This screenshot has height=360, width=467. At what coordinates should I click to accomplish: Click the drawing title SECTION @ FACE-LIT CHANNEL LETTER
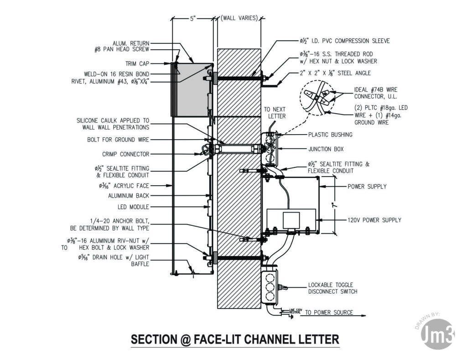tap(235, 339)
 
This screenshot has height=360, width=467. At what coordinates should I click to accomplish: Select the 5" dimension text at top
tap(193, 19)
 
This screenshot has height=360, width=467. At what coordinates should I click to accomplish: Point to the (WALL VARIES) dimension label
tap(239, 18)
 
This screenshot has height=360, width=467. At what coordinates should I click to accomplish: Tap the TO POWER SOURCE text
tap(329, 313)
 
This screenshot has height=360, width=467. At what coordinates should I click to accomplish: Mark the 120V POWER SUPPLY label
tap(374, 220)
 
